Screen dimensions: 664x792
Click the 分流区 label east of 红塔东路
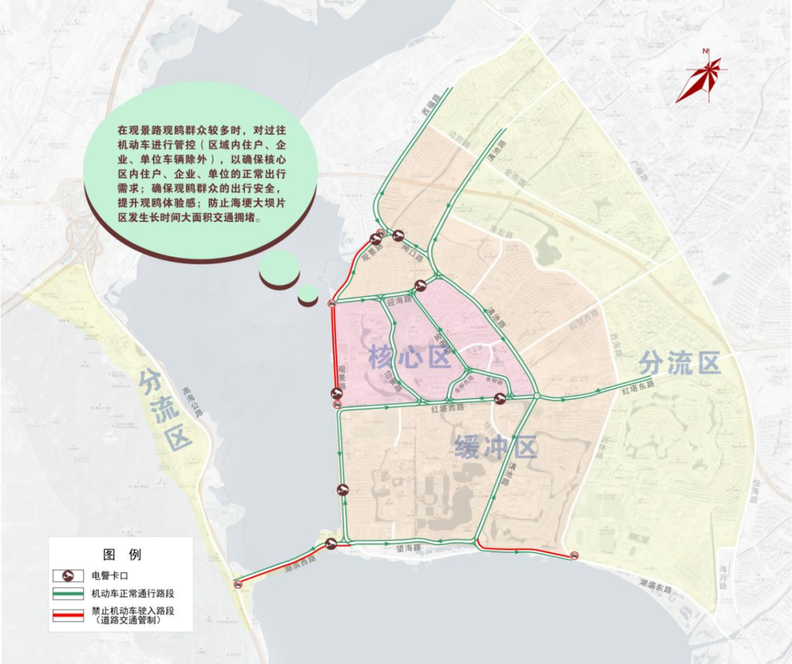click(680, 361)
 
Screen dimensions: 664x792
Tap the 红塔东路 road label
click(637, 385)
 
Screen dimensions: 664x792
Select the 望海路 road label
click(407, 548)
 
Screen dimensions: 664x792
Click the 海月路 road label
click(722, 575)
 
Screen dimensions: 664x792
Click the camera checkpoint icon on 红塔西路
click(499, 399)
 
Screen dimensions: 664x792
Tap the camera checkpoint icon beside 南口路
click(398, 235)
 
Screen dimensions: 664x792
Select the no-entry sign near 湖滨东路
click(574, 556)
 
